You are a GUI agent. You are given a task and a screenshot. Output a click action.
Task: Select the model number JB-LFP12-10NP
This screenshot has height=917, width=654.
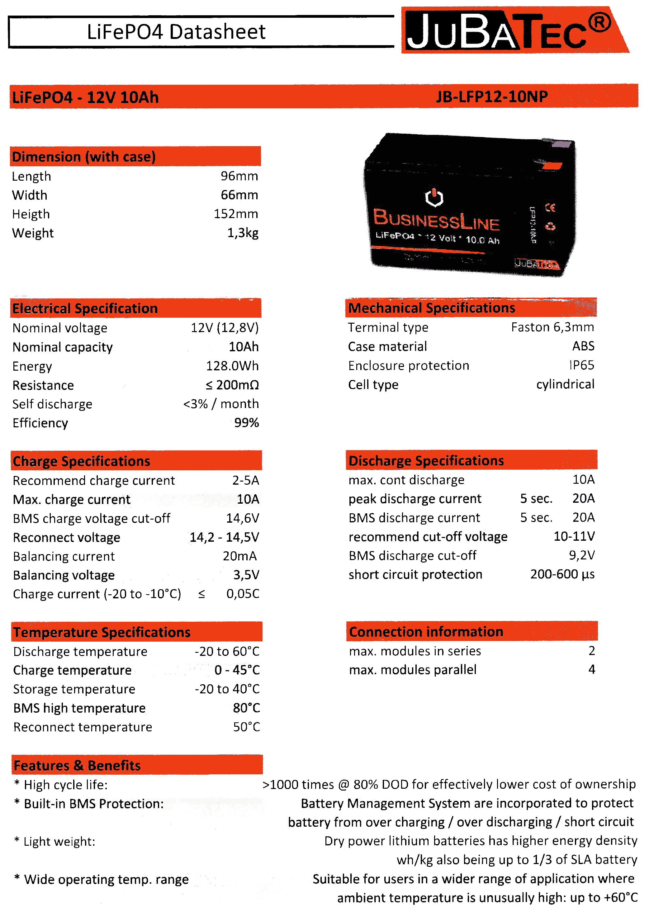coord(492,97)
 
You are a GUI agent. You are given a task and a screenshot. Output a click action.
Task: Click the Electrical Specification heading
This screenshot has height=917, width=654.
coord(85,308)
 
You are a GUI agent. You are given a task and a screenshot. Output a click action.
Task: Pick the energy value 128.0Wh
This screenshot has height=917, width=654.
coord(232,366)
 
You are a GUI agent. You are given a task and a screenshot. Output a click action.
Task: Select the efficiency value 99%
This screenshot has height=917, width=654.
coord(246,423)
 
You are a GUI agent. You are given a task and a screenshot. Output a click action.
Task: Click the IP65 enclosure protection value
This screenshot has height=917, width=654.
coord(581,365)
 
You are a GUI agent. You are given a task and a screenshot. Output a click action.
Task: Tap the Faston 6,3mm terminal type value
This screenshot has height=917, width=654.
coord(552,327)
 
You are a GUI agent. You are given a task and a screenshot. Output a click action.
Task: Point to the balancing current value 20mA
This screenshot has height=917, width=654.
coord(239,556)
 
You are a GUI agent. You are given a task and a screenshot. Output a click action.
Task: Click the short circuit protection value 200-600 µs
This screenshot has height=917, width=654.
coord(562,574)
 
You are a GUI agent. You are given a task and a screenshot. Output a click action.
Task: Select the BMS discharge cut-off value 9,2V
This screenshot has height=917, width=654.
coord(581,555)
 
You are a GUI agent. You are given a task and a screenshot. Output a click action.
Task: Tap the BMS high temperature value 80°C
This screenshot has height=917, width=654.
coord(246,708)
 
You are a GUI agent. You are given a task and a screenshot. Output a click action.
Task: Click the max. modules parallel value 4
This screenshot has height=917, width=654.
coord(591,669)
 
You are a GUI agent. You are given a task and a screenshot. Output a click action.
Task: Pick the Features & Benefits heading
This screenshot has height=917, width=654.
coord(77,766)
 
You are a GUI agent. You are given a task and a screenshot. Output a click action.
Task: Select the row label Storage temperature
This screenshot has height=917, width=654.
coord(74,689)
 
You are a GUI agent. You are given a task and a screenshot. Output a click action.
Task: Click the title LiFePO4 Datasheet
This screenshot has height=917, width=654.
coord(176,32)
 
